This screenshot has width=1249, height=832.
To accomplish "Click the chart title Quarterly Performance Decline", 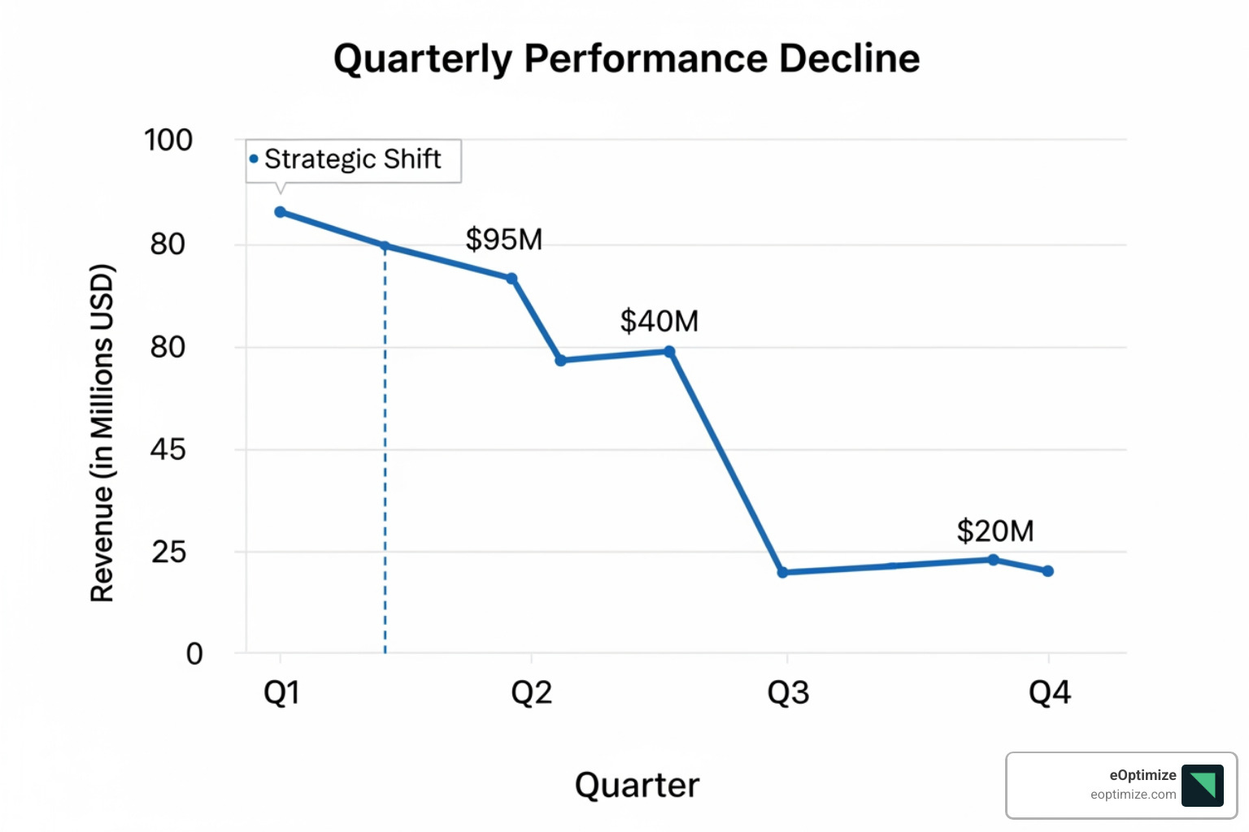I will click(626, 58).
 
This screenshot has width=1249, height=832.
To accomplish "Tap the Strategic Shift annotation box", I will click(353, 160).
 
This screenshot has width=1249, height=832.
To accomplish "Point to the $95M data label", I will click(503, 240).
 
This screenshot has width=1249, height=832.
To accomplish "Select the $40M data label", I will click(659, 321).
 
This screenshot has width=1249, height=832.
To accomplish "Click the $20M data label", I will click(994, 531).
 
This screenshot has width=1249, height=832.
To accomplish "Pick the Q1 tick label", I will click(281, 693).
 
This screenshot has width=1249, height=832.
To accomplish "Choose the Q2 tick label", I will click(531, 693).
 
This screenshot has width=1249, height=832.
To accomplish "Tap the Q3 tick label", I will click(788, 693).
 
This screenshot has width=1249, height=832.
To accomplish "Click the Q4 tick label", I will click(1049, 693).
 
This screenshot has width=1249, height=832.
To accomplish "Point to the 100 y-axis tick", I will click(168, 141).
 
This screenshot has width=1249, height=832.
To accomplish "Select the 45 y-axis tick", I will click(168, 449).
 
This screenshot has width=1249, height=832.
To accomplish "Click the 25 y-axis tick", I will click(169, 552).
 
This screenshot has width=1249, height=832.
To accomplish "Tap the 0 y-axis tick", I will click(194, 654).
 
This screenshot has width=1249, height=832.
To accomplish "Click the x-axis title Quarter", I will click(637, 786).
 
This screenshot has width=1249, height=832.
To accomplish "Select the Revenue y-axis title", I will click(102, 433).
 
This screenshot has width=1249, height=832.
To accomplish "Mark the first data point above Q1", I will click(280, 212).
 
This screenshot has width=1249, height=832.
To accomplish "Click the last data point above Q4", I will click(1047, 571).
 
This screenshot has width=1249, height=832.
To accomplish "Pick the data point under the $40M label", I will click(669, 352).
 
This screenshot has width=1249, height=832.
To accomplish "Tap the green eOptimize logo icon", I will click(1202, 786).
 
